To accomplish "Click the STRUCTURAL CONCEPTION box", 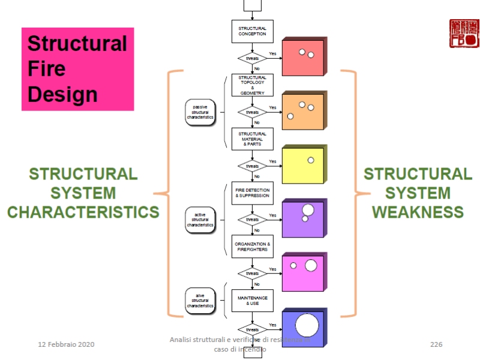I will click(253, 31).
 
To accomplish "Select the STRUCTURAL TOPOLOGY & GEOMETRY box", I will click(253, 85).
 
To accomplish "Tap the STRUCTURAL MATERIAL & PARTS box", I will click(253, 139).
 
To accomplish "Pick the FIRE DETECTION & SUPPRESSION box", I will click(253, 193).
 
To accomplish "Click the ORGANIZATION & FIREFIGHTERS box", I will click(253, 247).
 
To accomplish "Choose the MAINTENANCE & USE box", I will click(253, 301).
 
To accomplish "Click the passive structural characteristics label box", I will click(200, 112).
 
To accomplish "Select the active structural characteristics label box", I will click(200, 220).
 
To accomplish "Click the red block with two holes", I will click(304, 57).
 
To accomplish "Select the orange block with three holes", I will click(304, 112).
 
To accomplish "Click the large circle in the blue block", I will click(307, 325).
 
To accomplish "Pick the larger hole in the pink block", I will click(311, 265).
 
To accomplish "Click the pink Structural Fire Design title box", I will click(77, 69).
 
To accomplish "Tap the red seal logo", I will click(464, 34).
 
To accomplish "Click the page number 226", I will click(436, 344).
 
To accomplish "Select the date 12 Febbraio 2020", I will click(66, 344).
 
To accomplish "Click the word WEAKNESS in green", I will click(418, 212).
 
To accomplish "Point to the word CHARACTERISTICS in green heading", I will click(83, 212).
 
